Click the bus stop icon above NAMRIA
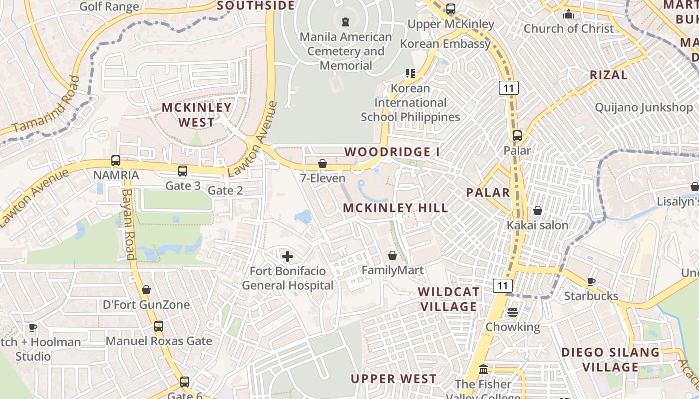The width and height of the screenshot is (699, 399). (116, 161)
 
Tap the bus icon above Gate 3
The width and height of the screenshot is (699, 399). (183, 171)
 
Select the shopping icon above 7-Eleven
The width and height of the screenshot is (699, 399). (323, 164)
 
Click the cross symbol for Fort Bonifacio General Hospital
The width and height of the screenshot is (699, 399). (288, 257)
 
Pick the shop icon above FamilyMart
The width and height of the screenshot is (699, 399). (392, 256)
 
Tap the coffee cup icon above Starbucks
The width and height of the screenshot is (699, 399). (591, 281)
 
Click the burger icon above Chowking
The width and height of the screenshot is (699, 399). (513, 313)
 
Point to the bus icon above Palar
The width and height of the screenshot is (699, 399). (517, 135)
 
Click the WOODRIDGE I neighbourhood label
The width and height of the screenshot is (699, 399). (391, 152)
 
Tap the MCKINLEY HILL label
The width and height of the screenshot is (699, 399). (396, 208)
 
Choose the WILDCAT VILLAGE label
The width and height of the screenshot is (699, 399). (448, 299)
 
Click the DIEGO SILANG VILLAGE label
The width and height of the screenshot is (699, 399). (610, 360)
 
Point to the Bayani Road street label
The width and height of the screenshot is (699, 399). (129, 224)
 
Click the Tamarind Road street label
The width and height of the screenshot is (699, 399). (46, 105)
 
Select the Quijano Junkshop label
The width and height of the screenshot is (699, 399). (644, 107)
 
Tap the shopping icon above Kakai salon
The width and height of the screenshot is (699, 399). (538, 211)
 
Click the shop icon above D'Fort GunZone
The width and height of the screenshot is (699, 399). (146, 290)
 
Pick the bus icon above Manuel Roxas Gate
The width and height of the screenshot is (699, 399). (159, 326)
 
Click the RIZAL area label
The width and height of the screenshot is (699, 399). (608, 75)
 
